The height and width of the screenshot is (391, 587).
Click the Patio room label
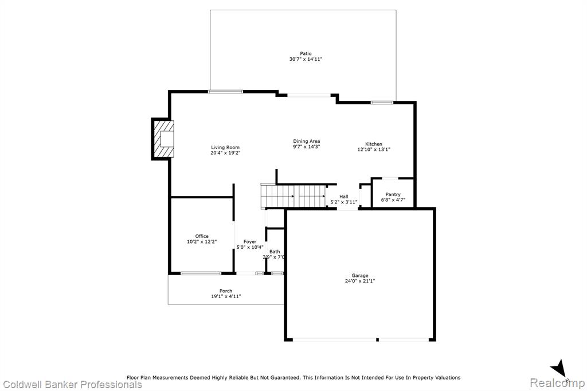[x=306, y=53]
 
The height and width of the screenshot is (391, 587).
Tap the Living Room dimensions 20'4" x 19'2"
[x=225, y=153]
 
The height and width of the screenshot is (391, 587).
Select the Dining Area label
[x=307, y=141]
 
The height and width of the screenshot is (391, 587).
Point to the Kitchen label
[x=374, y=144]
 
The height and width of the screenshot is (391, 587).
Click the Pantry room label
[x=393, y=194]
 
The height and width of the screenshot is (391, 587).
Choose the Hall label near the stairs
[x=344, y=197]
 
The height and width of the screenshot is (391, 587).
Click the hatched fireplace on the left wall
[x=163, y=139]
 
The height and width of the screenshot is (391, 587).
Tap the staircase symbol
[x=293, y=196]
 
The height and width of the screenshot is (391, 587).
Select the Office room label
[x=202, y=236]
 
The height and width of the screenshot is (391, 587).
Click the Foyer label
[x=250, y=241]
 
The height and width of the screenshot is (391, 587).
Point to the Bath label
[x=275, y=252]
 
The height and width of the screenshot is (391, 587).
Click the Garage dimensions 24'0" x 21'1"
[x=360, y=281]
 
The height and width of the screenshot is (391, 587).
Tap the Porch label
[x=226, y=291]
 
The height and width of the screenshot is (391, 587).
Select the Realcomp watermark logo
[x=557, y=383]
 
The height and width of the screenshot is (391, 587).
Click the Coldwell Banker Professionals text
[x=72, y=384]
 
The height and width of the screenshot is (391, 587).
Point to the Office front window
[x=201, y=273]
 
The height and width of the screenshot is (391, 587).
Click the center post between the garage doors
[x=377, y=340]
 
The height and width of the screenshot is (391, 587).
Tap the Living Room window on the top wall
[x=226, y=91]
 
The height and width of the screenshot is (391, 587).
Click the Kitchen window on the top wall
[x=382, y=102]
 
